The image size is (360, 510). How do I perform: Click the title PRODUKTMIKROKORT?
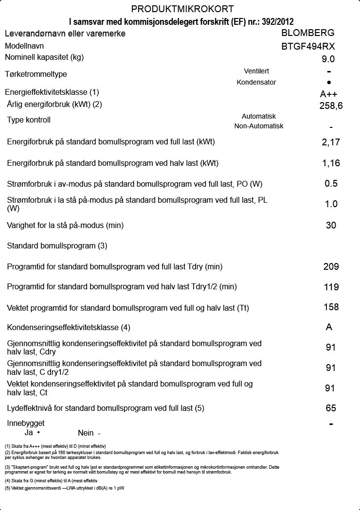(182, 9)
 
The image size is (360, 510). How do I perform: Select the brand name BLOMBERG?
(308, 33)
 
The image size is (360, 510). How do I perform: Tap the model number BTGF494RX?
(308, 47)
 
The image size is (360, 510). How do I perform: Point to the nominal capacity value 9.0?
(328, 59)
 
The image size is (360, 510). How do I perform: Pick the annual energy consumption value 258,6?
(331, 106)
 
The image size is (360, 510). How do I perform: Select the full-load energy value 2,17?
(331, 142)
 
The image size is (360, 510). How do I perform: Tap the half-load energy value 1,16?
(331, 163)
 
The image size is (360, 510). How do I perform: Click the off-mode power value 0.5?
(331, 184)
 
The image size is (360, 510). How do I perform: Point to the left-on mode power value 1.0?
(331, 204)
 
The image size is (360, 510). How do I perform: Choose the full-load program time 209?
(331, 266)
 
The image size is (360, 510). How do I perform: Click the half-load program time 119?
(331, 287)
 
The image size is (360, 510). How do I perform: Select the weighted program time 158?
(331, 307)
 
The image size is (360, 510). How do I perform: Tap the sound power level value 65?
(331, 408)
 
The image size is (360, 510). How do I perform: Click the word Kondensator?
(256, 82)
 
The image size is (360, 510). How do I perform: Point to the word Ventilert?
(256, 71)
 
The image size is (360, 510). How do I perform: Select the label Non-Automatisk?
(259, 126)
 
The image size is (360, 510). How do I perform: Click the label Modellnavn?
(24, 46)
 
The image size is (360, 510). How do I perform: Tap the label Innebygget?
(26, 423)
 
